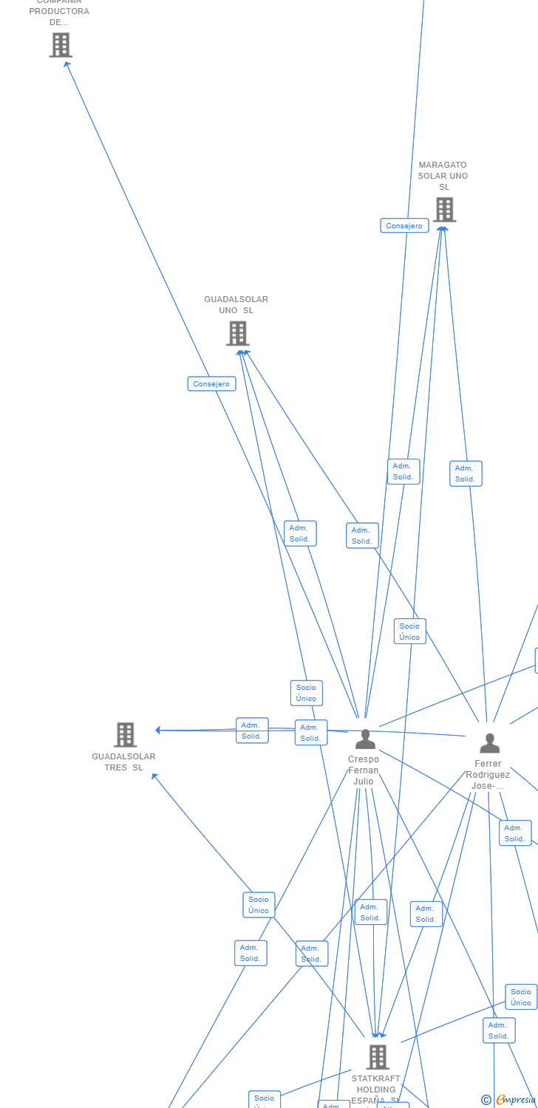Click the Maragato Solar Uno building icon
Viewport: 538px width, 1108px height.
[444, 210]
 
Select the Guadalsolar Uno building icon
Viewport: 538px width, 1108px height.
[237, 333]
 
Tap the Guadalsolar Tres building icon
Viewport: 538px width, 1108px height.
[125, 734]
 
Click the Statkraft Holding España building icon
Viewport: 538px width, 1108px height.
[378, 1056]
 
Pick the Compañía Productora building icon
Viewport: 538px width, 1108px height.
[61, 45]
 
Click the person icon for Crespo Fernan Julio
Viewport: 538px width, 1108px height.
[365, 739]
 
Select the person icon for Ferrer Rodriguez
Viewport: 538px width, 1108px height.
[489, 743]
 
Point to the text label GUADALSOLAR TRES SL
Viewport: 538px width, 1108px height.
[123, 762]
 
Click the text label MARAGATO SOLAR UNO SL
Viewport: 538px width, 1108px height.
[443, 176]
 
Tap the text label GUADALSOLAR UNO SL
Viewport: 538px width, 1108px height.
[236, 304]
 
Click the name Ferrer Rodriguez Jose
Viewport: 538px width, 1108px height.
[488, 774]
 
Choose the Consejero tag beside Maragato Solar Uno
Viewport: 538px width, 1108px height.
[404, 225]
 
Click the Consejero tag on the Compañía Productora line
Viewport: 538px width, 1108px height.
[211, 383]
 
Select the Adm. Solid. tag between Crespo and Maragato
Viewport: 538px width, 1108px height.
[403, 471]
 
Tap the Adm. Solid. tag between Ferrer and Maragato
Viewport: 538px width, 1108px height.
[466, 473]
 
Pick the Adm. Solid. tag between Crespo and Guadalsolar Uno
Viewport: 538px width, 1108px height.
[300, 533]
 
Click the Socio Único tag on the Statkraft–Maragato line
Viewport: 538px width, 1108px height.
[409, 632]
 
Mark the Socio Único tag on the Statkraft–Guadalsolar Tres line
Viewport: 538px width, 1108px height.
[259, 905]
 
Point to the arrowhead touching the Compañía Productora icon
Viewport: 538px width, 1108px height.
[67, 64]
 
